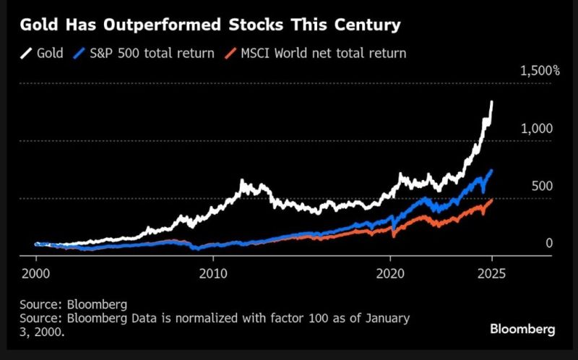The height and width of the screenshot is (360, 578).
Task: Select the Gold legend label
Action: [51, 53]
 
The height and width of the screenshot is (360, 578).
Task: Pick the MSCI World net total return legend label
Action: [324, 53]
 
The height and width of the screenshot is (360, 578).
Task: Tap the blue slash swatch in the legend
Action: [82, 53]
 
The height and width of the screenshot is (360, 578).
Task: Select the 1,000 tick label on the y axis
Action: [537, 128]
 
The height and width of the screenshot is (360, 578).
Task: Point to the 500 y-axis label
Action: [542, 186]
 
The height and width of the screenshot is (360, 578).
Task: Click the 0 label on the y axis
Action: [548, 243]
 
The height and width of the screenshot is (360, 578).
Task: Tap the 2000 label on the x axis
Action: [36, 274]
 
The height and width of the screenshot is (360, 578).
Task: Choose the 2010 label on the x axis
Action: [212, 274]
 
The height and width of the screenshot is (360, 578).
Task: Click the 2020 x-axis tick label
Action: [389, 274]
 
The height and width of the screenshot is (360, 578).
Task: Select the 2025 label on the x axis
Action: [491, 274]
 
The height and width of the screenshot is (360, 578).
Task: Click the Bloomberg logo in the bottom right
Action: [522, 329]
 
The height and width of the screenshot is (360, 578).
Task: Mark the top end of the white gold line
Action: [492, 103]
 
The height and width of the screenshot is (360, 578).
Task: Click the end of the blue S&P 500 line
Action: [492, 171]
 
